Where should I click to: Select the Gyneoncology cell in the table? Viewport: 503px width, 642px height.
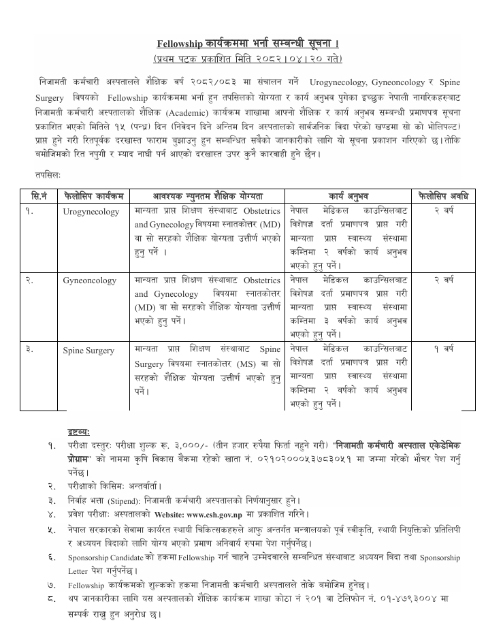coord(89,280)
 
